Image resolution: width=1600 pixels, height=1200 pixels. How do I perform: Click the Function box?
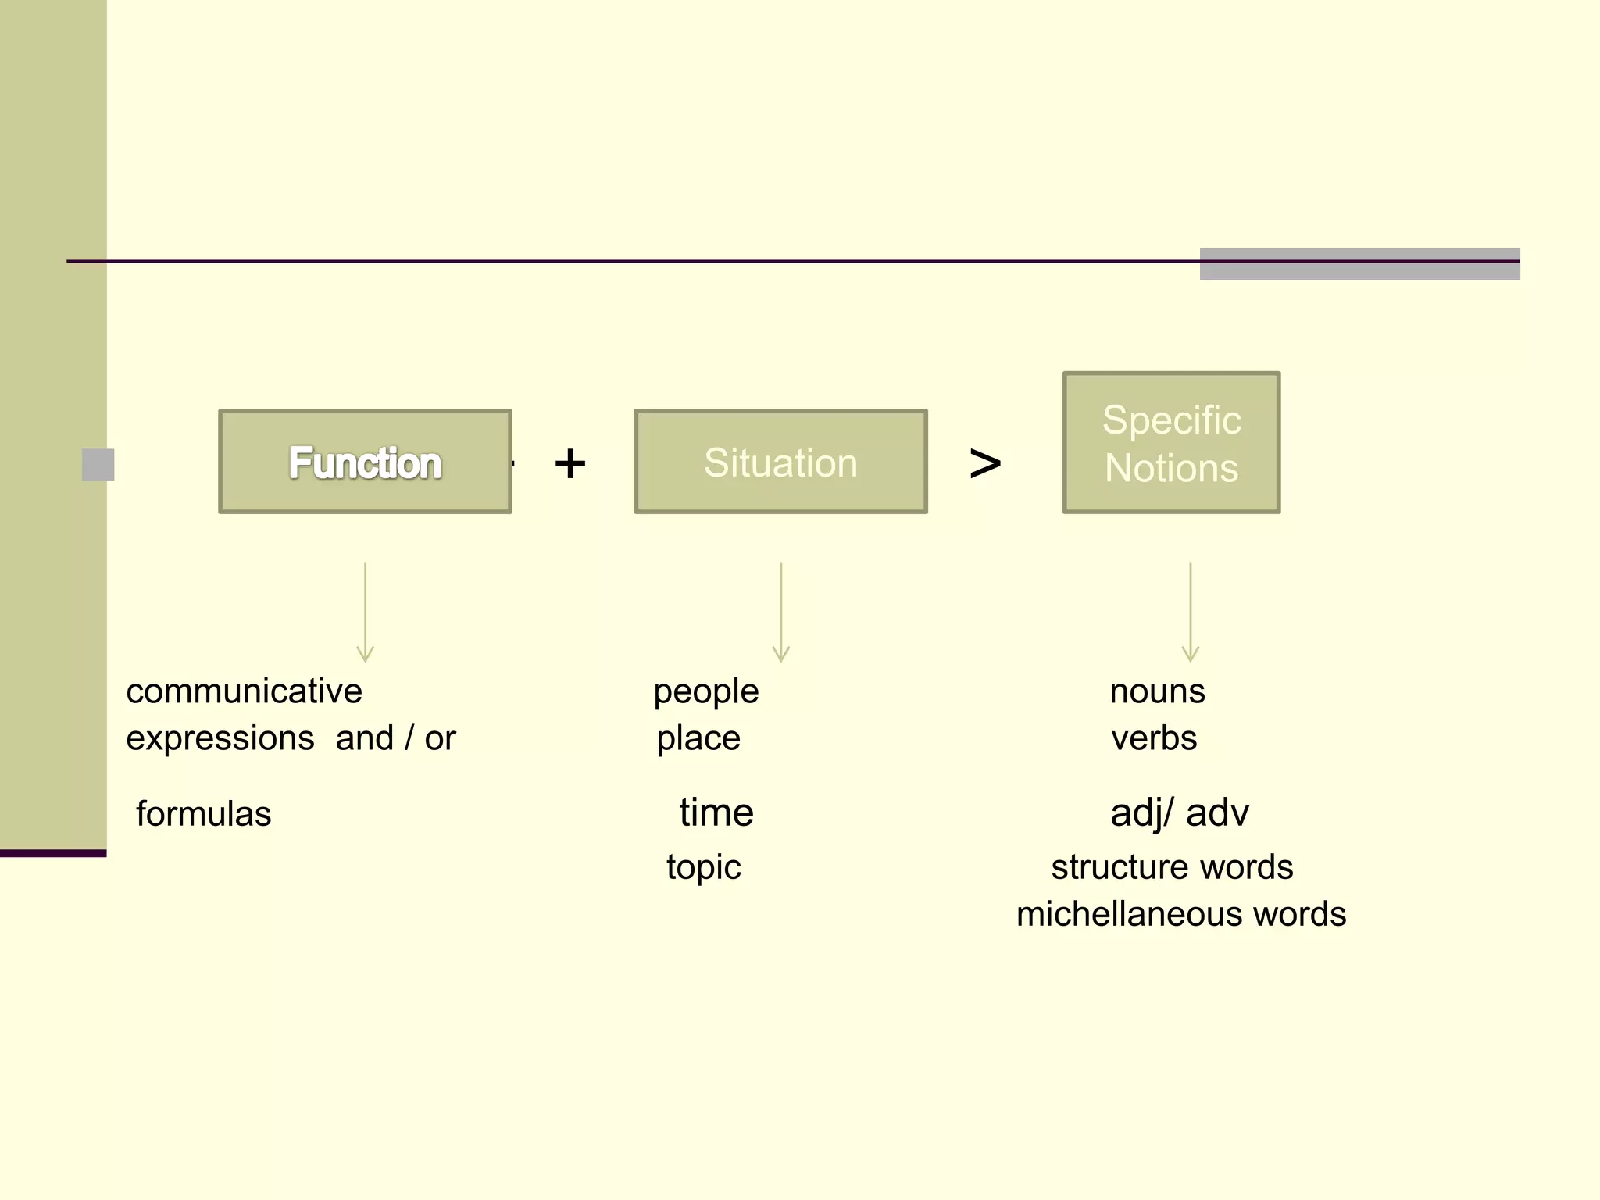click(365, 462)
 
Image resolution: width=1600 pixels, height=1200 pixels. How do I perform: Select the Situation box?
click(780, 462)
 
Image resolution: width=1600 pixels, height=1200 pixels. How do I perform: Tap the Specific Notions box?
click(1171, 443)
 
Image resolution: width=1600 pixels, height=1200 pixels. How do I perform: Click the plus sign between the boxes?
click(570, 463)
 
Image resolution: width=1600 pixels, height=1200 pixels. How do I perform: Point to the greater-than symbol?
click(985, 463)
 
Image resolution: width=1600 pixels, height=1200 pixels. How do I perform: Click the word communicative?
click(244, 691)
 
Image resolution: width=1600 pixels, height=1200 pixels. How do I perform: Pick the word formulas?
click(203, 814)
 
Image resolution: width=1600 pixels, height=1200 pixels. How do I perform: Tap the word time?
click(716, 812)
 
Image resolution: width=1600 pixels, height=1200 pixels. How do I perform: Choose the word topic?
click(703, 867)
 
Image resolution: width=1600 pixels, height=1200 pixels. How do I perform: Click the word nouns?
click(1157, 691)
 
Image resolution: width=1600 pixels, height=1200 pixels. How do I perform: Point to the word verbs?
click(1154, 738)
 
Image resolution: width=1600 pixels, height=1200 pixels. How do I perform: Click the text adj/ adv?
click(1179, 812)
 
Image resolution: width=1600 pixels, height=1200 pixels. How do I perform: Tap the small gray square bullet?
click(98, 465)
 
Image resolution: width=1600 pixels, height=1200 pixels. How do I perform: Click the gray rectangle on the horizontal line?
click(1359, 264)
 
